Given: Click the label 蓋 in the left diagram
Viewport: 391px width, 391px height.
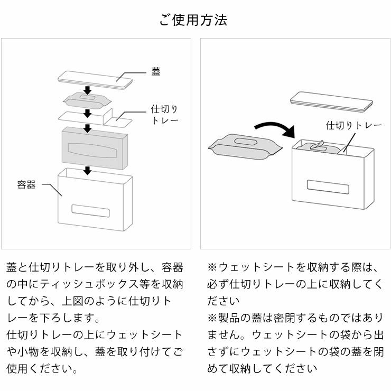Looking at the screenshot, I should coord(156,72).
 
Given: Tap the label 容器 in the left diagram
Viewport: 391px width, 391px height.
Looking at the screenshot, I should coord(26,184).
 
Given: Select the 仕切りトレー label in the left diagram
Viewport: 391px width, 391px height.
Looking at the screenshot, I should coord(164,115).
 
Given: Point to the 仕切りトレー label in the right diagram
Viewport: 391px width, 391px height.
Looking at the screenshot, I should coord(353,125).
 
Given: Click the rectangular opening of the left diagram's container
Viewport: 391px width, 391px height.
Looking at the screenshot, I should coord(90,210).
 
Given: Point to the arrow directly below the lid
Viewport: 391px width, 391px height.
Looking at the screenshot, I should coord(88,90).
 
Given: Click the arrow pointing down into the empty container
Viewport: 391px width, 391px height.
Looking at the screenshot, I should coord(88,170).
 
